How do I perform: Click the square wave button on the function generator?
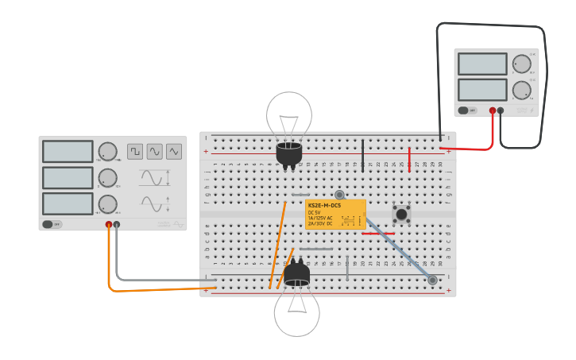click(135, 151)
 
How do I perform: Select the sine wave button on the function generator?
click(154, 151)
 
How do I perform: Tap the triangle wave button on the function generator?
click(173, 151)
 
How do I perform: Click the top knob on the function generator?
click(107, 152)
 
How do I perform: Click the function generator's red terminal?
click(109, 225)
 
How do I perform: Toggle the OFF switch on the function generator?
click(52, 224)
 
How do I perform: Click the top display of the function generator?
click(68, 151)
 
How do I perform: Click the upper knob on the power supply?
click(521, 64)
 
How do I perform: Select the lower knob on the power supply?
click(521, 90)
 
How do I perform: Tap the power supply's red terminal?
click(493, 110)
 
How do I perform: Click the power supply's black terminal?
click(501, 110)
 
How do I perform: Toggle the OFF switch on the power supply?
click(468, 110)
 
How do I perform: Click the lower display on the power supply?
click(481, 89)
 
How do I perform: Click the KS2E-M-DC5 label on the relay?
click(323, 206)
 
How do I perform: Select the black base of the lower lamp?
click(296, 275)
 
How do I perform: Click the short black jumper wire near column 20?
click(363, 155)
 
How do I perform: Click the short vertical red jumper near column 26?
click(409, 159)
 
